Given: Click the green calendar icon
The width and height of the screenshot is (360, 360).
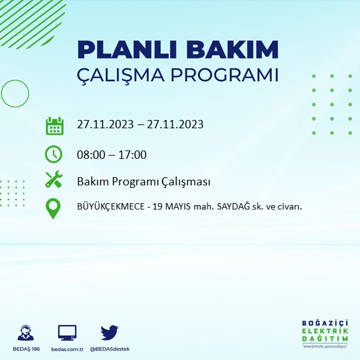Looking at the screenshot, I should pyautogui.click(x=55, y=125).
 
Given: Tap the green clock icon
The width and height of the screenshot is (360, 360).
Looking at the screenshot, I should pyautogui.click(x=54, y=154).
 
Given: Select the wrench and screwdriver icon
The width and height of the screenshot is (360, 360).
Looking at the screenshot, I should pyautogui.click(x=54, y=180).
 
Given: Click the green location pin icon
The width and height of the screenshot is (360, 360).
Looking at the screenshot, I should pyautogui.click(x=54, y=208).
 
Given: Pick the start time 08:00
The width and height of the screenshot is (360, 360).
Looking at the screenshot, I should pyautogui.click(x=90, y=154).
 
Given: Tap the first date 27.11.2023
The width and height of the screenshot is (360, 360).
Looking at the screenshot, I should pyautogui.click(x=105, y=124).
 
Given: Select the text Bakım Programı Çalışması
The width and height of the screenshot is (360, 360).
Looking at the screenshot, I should pyautogui.click(x=143, y=182).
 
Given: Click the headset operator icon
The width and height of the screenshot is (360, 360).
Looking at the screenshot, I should pyautogui.click(x=27, y=333).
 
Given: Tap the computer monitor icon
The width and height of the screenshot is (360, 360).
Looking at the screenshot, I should pyautogui.click(x=67, y=333).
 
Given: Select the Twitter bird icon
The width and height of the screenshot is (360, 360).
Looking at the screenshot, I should pyautogui.click(x=109, y=332).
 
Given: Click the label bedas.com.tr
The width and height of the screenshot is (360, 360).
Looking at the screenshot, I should pyautogui.click(x=67, y=350).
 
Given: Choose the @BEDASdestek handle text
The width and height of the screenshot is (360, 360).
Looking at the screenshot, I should pyautogui.click(x=109, y=350).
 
